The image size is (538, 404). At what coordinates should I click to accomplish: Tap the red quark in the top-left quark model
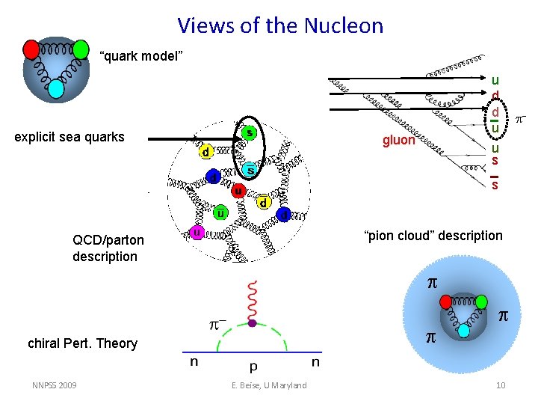pyautogui.click(x=31, y=49)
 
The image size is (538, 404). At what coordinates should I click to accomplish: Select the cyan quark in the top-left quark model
pyautogui.click(x=56, y=89)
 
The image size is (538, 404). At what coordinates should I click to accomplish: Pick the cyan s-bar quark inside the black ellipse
pyautogui.click(x=251, y=171)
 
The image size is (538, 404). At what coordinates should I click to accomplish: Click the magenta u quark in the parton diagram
pyautogui.click(x=197, y=233)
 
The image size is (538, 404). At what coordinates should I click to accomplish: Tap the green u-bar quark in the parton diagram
pyautogui.click(x=220, y=213)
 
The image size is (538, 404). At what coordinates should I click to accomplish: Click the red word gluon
pyautogui.click(x=398, y=140)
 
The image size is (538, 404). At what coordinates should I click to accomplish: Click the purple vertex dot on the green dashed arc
pyautogui.click(x=253, y=323)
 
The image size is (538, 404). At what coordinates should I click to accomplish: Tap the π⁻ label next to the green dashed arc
pyautogui.click(x=217, y=326)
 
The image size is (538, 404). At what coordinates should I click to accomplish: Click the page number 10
pyautogui.click(x=501, y=385)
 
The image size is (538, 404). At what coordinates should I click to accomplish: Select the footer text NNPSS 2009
pyautogui.click(x=54, y=385)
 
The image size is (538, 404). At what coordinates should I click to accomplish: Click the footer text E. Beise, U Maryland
pyautogui.click(x=270, y=385)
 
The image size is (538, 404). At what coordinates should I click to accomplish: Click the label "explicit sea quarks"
pyautogui.click(x=69, y=137)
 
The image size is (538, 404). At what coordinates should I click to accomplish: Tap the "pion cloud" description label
pyautogui.click(x=433, y=236)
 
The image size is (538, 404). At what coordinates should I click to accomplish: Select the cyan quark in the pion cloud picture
pyautogui.click(x=464, y=330)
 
